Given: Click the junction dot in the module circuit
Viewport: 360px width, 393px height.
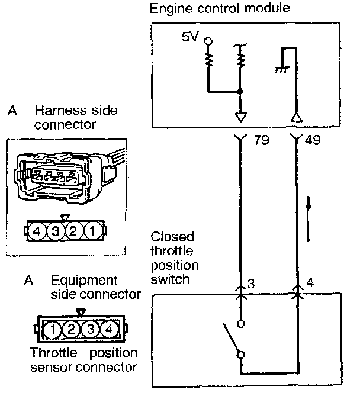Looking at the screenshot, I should point(240,92).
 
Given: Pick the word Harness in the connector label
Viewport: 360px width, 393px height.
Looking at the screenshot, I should point(59,111).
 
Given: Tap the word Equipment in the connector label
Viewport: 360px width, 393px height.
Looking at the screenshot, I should point(85,280).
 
